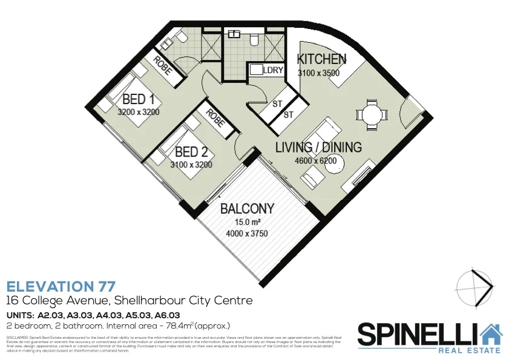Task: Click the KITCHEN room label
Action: point(321,59)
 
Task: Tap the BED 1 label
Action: point(139,99)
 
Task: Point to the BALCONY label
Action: point(247,209)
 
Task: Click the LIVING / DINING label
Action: point(318,147)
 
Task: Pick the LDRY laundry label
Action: point(274,70)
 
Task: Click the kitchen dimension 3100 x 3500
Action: point(318,73)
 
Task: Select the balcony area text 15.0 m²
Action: point(247,222)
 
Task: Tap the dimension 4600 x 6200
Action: point(315,161)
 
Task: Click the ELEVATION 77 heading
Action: point(61,286)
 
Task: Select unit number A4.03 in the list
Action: point(110,315)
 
